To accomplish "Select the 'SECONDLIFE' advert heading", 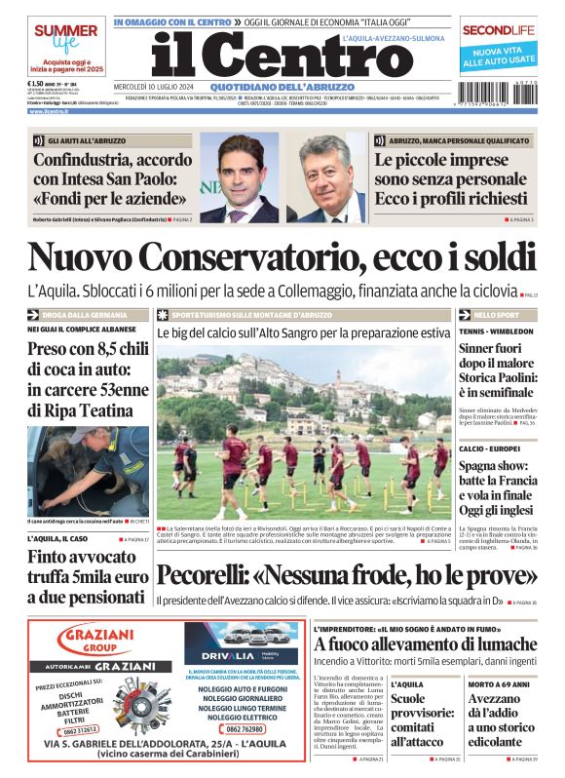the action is click(x=499, y=29).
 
